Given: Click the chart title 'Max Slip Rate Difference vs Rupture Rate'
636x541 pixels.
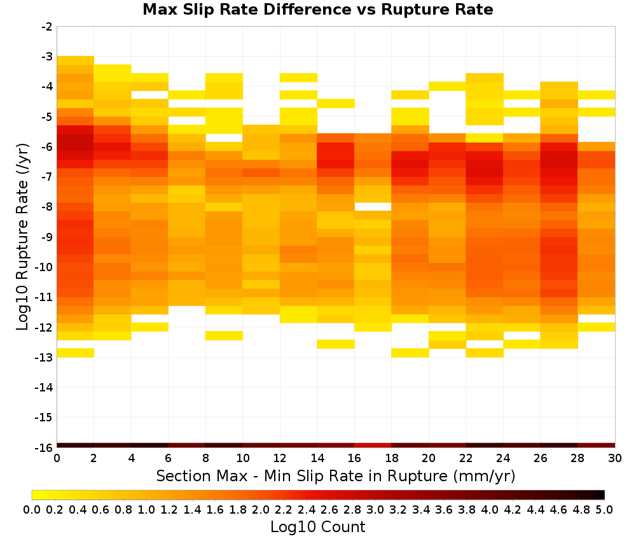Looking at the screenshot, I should click(317, 10).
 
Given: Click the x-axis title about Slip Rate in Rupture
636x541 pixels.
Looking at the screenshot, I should click(335, 476).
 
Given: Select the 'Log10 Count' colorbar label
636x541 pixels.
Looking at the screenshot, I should click(317, 527).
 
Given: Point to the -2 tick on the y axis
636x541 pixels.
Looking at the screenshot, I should click(46, 27).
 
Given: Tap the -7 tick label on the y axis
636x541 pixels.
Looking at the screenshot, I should click(46, 177).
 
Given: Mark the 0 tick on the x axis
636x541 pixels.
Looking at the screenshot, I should click(57, 458).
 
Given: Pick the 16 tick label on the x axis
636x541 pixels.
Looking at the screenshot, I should click(354, 458).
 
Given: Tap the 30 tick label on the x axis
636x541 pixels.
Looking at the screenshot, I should click(614, 458).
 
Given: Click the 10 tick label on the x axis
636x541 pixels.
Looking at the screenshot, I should click(243, 458).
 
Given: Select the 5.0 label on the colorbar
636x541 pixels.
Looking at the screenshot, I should click(604, 510).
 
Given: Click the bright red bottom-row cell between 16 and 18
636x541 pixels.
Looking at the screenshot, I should click(373, 444).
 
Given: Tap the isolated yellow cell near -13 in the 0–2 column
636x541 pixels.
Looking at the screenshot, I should click(76, 353).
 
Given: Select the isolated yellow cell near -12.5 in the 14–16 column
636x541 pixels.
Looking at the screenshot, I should click(336, 344).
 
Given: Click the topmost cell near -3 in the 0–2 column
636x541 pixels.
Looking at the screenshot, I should click(76, 60).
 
